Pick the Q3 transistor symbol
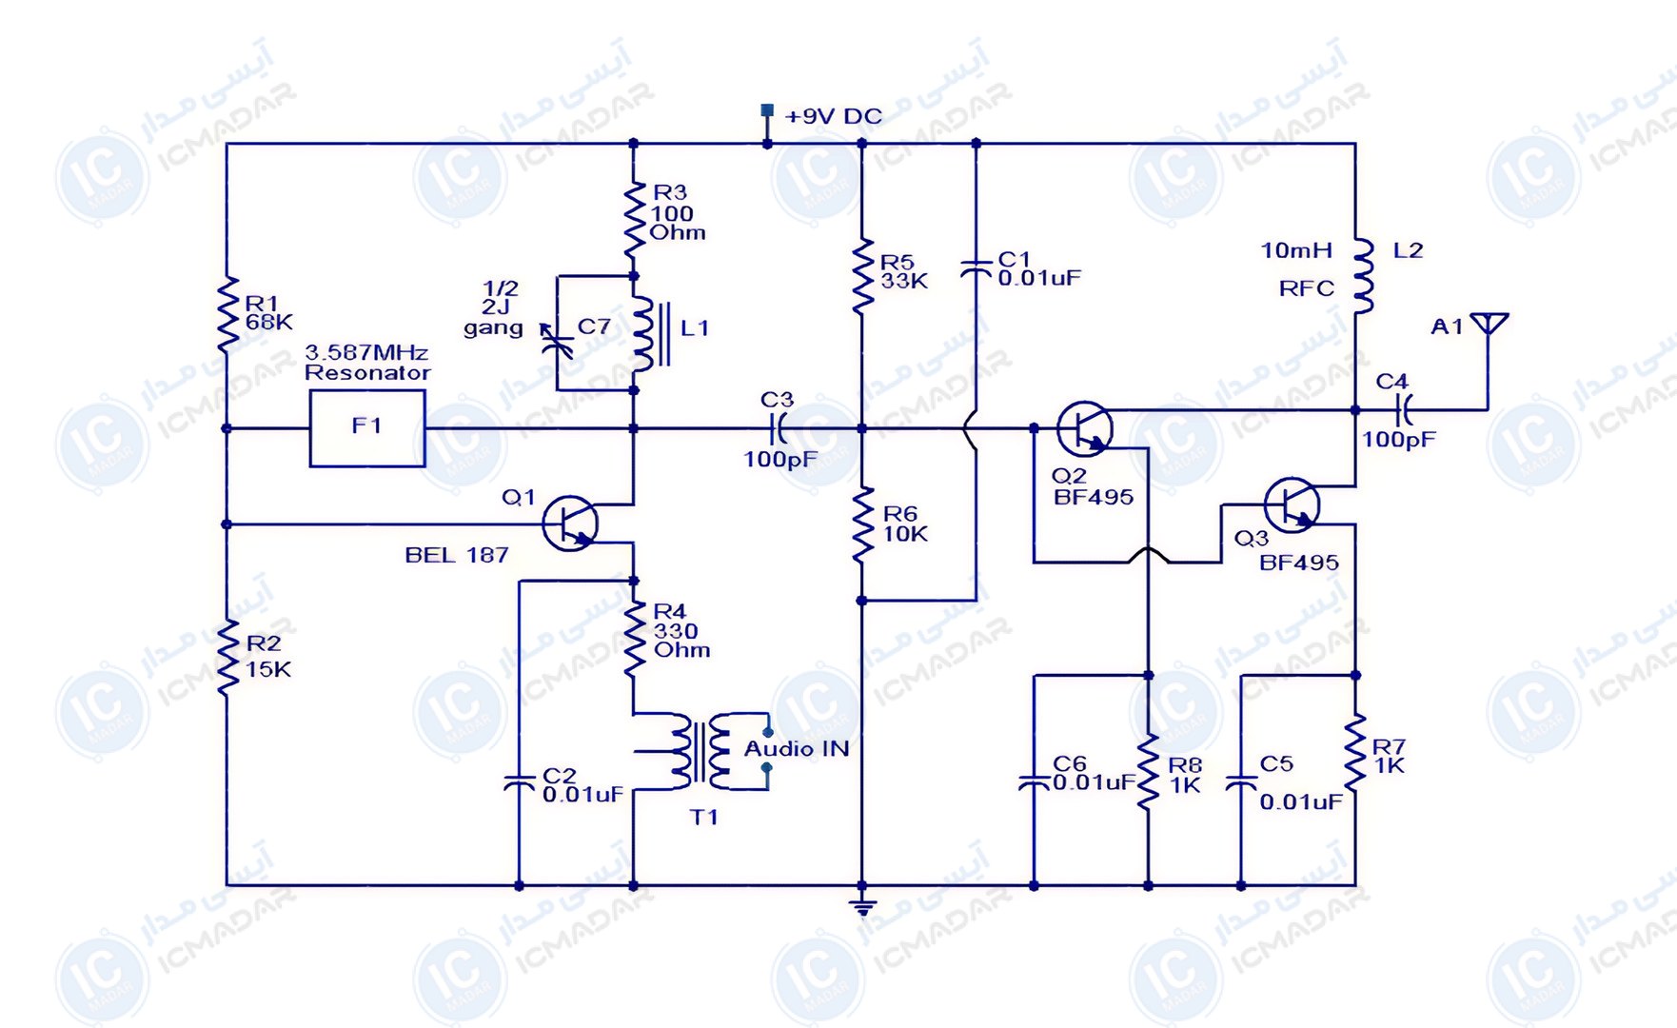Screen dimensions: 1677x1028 pyautogui.click(x=1292, y=504)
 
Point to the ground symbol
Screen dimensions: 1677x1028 pyautogui.click(x=862, y=905)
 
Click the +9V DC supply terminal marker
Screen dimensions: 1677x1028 pyautogui.click(x=767, y=111)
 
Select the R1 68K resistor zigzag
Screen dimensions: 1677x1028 pyautogui.click(x=227, y=314)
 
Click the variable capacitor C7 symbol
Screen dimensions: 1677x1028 pyautogui.click(x=556, y=340)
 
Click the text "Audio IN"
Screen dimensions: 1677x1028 pyautogui.click(x=797, y=749)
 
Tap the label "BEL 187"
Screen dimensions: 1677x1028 pyautogui.click(x=457, y=555)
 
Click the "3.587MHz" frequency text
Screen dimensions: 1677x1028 pyautogui.click(x=366, y=352)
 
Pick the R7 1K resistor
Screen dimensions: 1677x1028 pyautogui.click(x=1355, y=752)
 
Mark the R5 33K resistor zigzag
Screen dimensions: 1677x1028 pyautogui.click(x=862, y=276)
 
